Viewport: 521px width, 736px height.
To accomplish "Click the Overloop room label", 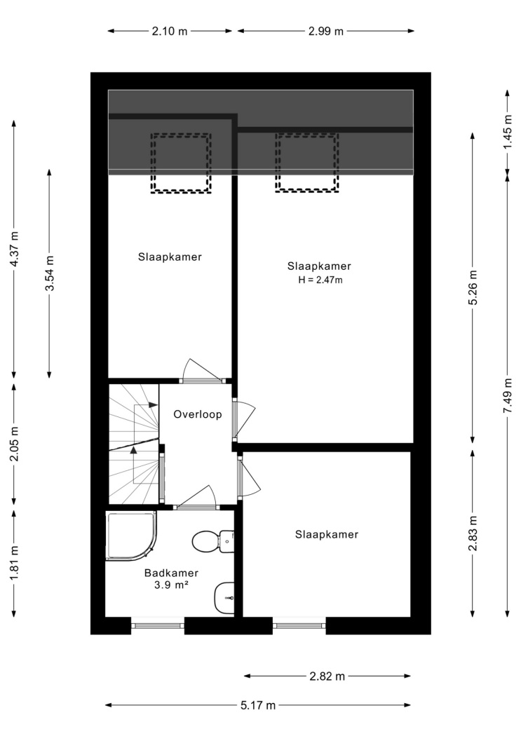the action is point(198,414).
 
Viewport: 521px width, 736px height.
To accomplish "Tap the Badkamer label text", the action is point(171,573).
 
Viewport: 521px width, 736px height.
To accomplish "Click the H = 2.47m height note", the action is point(320,280).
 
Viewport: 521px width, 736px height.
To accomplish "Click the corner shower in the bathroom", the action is point(130,536).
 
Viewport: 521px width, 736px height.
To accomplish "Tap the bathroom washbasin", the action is point(224,598).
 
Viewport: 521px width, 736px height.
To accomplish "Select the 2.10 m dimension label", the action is point(170,32).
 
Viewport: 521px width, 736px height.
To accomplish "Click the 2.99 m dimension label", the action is point(326,32).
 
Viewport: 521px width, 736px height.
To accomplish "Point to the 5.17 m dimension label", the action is point(258,705).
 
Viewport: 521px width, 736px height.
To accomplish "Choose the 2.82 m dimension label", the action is point(327,676).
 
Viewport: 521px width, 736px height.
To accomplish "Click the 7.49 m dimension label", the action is point(508,396).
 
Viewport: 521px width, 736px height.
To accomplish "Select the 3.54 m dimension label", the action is point(49,273).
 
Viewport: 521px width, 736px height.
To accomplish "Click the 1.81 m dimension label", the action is point(14,562).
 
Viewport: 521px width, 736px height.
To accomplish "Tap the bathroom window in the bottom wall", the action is point(158,626).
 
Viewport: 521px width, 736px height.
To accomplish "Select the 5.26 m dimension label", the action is point(473,287).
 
